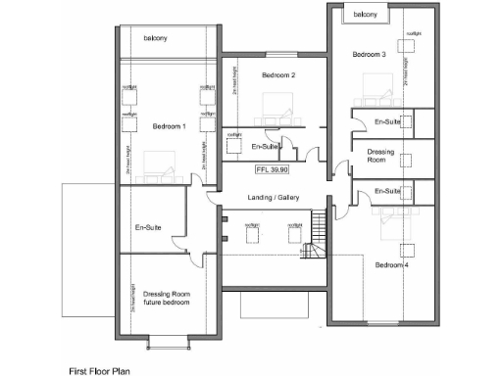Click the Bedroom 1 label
pyautogui.click(x=168, y=126)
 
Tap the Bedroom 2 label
pyautogui.click(x=278, y=75)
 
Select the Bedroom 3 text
pyautogui.click(x=369, y=55)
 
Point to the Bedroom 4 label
pyautogui.click(x=391, y=264)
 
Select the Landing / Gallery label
pyautogui.click(x=274, y=198)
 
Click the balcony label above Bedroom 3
pyautogui.click(x=366, y=14)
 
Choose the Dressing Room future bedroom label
pyautogui.click(x=165, y=298)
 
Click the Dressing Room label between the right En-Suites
pyautogui.click(x=381, y=157)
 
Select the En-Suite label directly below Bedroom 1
pyautogui.click(x=149, y=228)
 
